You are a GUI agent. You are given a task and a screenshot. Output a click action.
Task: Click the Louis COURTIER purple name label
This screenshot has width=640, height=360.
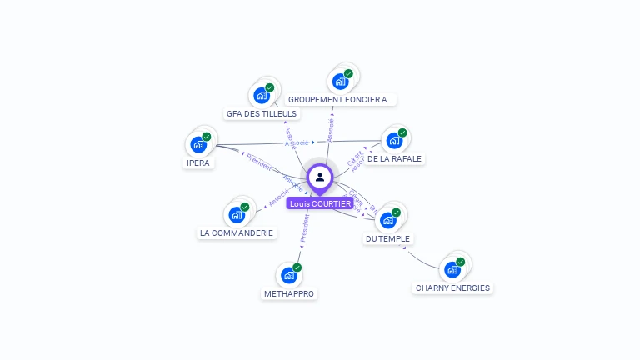(320, 203)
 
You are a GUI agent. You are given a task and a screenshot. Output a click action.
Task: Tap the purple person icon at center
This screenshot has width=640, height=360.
(320, 177)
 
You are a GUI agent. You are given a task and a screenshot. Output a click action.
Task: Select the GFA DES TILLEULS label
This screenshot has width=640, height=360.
(261, 113)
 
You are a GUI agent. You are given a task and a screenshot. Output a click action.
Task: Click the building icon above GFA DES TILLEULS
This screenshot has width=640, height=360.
(262, 94)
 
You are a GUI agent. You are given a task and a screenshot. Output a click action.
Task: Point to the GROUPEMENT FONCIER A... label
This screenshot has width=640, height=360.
(340, 99)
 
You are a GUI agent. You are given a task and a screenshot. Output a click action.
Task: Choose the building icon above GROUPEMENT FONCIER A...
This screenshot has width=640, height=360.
(340, 81)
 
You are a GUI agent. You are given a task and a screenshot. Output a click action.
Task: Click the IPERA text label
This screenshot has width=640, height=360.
(198, 162)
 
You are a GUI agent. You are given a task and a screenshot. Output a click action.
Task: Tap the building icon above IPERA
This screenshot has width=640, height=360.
(198, 143)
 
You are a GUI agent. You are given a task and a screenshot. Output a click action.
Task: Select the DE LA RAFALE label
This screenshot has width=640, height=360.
(395, 158)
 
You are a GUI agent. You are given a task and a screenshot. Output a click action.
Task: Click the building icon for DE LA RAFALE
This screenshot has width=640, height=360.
(394, 139)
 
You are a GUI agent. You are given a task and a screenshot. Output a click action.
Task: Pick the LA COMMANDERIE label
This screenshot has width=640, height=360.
(237, 233)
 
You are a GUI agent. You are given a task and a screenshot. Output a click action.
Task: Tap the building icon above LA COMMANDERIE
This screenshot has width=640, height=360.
(237, 214)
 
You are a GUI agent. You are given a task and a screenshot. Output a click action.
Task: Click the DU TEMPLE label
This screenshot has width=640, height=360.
(388, 239)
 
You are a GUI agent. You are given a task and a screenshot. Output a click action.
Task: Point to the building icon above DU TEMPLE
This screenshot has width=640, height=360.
(388, 220)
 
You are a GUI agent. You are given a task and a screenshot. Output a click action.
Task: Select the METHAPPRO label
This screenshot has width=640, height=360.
(289, 293)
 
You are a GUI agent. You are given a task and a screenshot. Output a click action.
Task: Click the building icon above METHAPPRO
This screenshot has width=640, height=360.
(289, 274)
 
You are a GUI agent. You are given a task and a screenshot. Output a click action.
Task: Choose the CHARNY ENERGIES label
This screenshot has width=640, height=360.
(452, 288)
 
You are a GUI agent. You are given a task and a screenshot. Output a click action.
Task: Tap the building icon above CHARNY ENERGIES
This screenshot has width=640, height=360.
(452, 268)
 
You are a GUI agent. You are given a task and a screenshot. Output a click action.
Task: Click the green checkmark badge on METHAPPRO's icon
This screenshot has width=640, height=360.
(297, 267)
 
